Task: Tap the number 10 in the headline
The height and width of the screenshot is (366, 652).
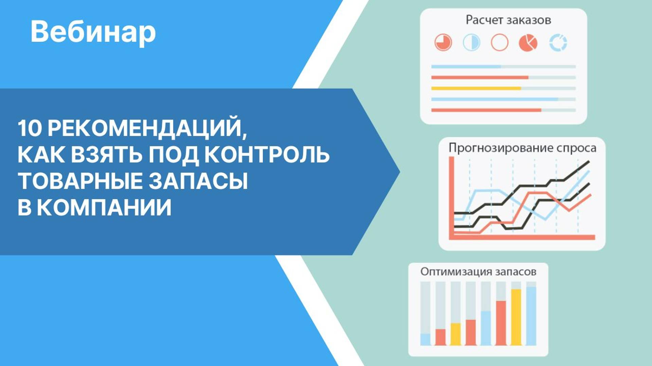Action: (29, 128)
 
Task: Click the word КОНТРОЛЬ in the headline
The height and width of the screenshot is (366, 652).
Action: (267, 155)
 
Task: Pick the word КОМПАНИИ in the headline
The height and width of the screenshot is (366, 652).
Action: (104, 207)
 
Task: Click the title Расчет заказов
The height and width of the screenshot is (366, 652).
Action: (508, 20)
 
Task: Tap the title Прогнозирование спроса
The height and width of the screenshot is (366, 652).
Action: (522, 148)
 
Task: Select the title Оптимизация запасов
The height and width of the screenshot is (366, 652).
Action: (478, 272)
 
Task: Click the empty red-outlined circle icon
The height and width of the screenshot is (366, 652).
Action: (500, 43)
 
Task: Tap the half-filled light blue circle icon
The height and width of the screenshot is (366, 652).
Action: (471, 43)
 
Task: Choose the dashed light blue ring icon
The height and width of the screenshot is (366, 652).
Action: (558, 43)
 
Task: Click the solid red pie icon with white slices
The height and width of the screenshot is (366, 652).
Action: (528, 43)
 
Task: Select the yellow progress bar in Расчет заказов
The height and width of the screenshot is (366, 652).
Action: (476, 88)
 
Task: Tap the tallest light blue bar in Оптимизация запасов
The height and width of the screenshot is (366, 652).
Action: (531, 316)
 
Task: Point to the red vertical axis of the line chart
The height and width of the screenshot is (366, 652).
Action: (452, 197)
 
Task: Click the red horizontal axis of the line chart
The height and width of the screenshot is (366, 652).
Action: (523, 237)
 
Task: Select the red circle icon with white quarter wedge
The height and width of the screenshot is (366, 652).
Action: (443, 43)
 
